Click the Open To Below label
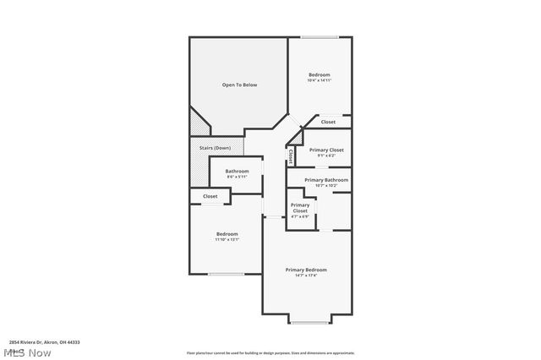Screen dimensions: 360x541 click(239, 85)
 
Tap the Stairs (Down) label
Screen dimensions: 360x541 click(215, 148)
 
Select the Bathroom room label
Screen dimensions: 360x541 click(237, 171)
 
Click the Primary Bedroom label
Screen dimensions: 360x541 click(305, 270)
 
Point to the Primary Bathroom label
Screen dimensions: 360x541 click(326, 180)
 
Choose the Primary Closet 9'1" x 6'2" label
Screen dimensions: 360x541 click(326, 150)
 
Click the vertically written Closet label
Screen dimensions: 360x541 click(291, 155)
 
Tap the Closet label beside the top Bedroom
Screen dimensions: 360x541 click(328, 122)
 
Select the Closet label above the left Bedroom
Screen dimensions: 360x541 click(210, 196)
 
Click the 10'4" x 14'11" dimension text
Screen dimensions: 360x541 click(319, 81)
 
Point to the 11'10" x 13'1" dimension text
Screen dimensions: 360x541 click(227, 240)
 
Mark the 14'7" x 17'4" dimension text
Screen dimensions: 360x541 click(305, 275)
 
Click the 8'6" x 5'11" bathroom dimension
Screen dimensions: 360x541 click(237, 177)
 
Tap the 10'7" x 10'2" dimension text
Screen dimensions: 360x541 click(326, 186)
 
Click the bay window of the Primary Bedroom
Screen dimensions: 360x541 click(309, 323)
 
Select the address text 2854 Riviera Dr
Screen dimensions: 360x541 click(44, 342)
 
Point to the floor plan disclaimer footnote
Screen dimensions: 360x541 click(270, 352)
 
